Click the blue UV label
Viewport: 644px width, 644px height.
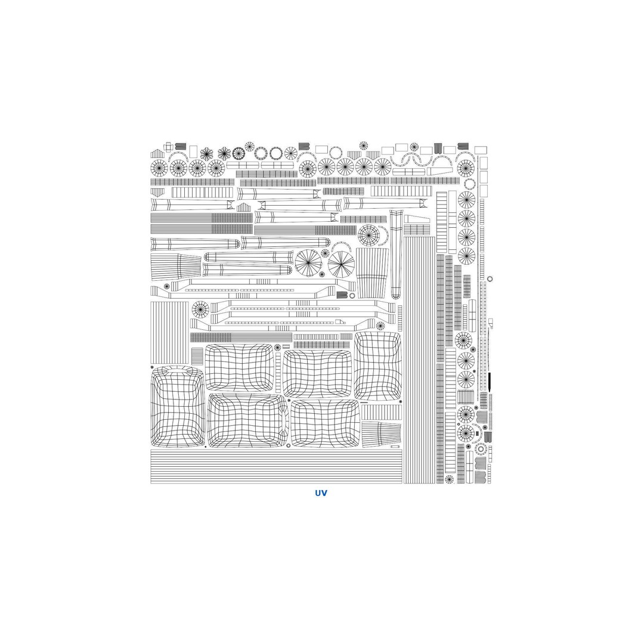pos(321,493)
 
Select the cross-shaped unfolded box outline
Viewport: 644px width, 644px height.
pos(168,147)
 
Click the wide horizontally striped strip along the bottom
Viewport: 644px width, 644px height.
pos(276,466)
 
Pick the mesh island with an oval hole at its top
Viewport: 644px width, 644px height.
pos(178,406)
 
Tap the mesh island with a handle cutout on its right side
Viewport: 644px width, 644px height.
pos(248,420)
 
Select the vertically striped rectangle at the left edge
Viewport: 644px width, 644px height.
pos(169,332)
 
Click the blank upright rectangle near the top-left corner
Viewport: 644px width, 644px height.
pos(193,151)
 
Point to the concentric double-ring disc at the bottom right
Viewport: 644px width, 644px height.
pos(479,448)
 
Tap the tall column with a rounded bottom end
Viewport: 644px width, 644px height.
pos(396,254)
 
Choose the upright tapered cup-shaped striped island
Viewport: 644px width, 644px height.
pos(372,273)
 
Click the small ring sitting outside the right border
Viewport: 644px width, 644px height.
pos(489,279)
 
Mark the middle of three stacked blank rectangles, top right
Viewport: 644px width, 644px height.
pos(484,177)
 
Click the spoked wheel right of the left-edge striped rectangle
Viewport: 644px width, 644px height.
pos(200,309)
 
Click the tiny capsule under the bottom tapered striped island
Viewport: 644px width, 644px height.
pos(395,446)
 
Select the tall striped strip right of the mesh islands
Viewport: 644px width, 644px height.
pos(419,360)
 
